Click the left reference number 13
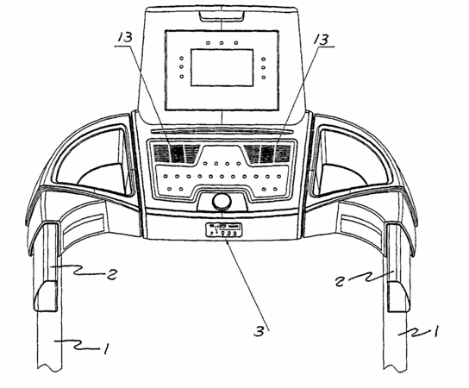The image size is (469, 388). pyautogui.click(x=125, y=37)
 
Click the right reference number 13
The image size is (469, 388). pyautogui.click(x=321, y=39)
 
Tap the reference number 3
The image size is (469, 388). pyautogui.click(x=260, y=331)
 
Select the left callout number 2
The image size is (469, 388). pyautogui.click(x=111, y=274)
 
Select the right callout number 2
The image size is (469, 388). pyautogui.click(x=340, y=281)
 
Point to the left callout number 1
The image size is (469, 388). pyautogui.click(x=106, y=348)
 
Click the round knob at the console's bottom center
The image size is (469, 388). pyautogui.click(x=222, y=202)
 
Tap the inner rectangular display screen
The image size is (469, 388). pyautogui.click(x=222, y=67)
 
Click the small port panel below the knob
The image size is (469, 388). pyautogui.click(x=223, y=229)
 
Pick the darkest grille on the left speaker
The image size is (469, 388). pyautogui.click(x=177, y=153)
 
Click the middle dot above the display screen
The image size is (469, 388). pyautogui.click(x=222, y=43)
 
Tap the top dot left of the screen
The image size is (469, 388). pyautogui.click(x=182, y=59)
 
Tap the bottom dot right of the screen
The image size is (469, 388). pyautogui.click(x=264, y=78)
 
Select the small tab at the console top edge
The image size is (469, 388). pyautogui.click(x=222, y=16)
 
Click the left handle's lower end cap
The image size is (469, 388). pyautogui.click(x=47, y=296)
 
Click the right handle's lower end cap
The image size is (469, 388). pyautogui.click(x=398, y=296)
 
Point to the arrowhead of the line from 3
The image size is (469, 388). pyautogui.click(x=227, y=241)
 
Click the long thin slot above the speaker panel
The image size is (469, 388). pyautogui.click(x=222, y=131)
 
